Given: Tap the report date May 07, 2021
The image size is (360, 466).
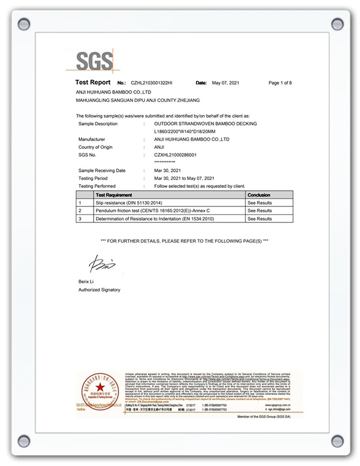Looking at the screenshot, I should pyautogui.click(x=226, y=83).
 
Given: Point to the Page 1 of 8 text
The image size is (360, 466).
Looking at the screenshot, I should pyautogui.click(x=280, y=83).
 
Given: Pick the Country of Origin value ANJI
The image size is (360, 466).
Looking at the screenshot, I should pyautogui.click(x=159, y=147).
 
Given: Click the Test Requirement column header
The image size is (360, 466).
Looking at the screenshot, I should pyautogui.click(x=114, y=195).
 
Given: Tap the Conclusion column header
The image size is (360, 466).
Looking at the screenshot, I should pyautogui.click(x=259, y=195).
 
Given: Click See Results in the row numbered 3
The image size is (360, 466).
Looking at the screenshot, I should pyautogui.click(x=259, y=219).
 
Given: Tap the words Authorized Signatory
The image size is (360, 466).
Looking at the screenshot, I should pyautogui.click(x=99, y=290).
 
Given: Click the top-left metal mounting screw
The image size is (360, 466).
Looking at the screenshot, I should pyautogui.click(x=24, y=24).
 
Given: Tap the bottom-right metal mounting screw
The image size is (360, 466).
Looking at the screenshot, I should pyautogui.click(x=337, y=441).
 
